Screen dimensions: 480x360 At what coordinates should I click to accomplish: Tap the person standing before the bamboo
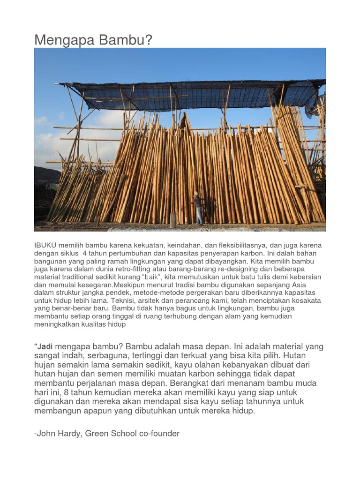(198, 208)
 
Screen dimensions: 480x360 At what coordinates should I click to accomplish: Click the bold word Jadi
(45, 346)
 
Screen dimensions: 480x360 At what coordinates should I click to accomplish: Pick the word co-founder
(159, 434)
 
